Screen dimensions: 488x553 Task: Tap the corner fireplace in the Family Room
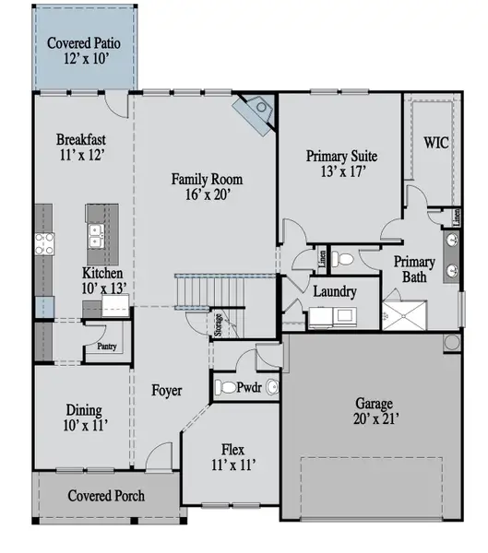(x=255, y=112)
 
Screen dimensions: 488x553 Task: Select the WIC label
(x=436, y=143)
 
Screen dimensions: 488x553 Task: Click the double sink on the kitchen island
(x=96, y=236)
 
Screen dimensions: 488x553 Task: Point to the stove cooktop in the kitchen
(x=44, y=243)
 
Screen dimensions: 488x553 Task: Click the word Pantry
(x=107, y=347)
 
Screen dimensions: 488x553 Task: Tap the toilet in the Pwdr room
(x=225, y=387)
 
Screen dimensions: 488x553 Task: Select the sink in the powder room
(x=272, y=387)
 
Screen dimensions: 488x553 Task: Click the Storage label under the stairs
(x=219, y=324)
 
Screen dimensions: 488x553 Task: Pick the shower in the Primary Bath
(x=404, y=315)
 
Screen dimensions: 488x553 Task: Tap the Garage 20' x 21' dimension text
(x=376, y=419)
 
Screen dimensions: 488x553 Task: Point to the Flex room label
(x=232, y=450)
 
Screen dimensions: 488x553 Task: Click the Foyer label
(x=167, y=391)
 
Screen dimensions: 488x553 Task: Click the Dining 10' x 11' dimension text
(x=86, y=425)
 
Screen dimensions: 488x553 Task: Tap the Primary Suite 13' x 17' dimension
(x=343, y=171)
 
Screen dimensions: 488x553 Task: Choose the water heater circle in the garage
(x=452, y=342)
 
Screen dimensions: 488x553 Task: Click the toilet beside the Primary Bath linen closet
(x=342, y=260)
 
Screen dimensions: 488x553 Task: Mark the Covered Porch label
(x=106, y=496)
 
